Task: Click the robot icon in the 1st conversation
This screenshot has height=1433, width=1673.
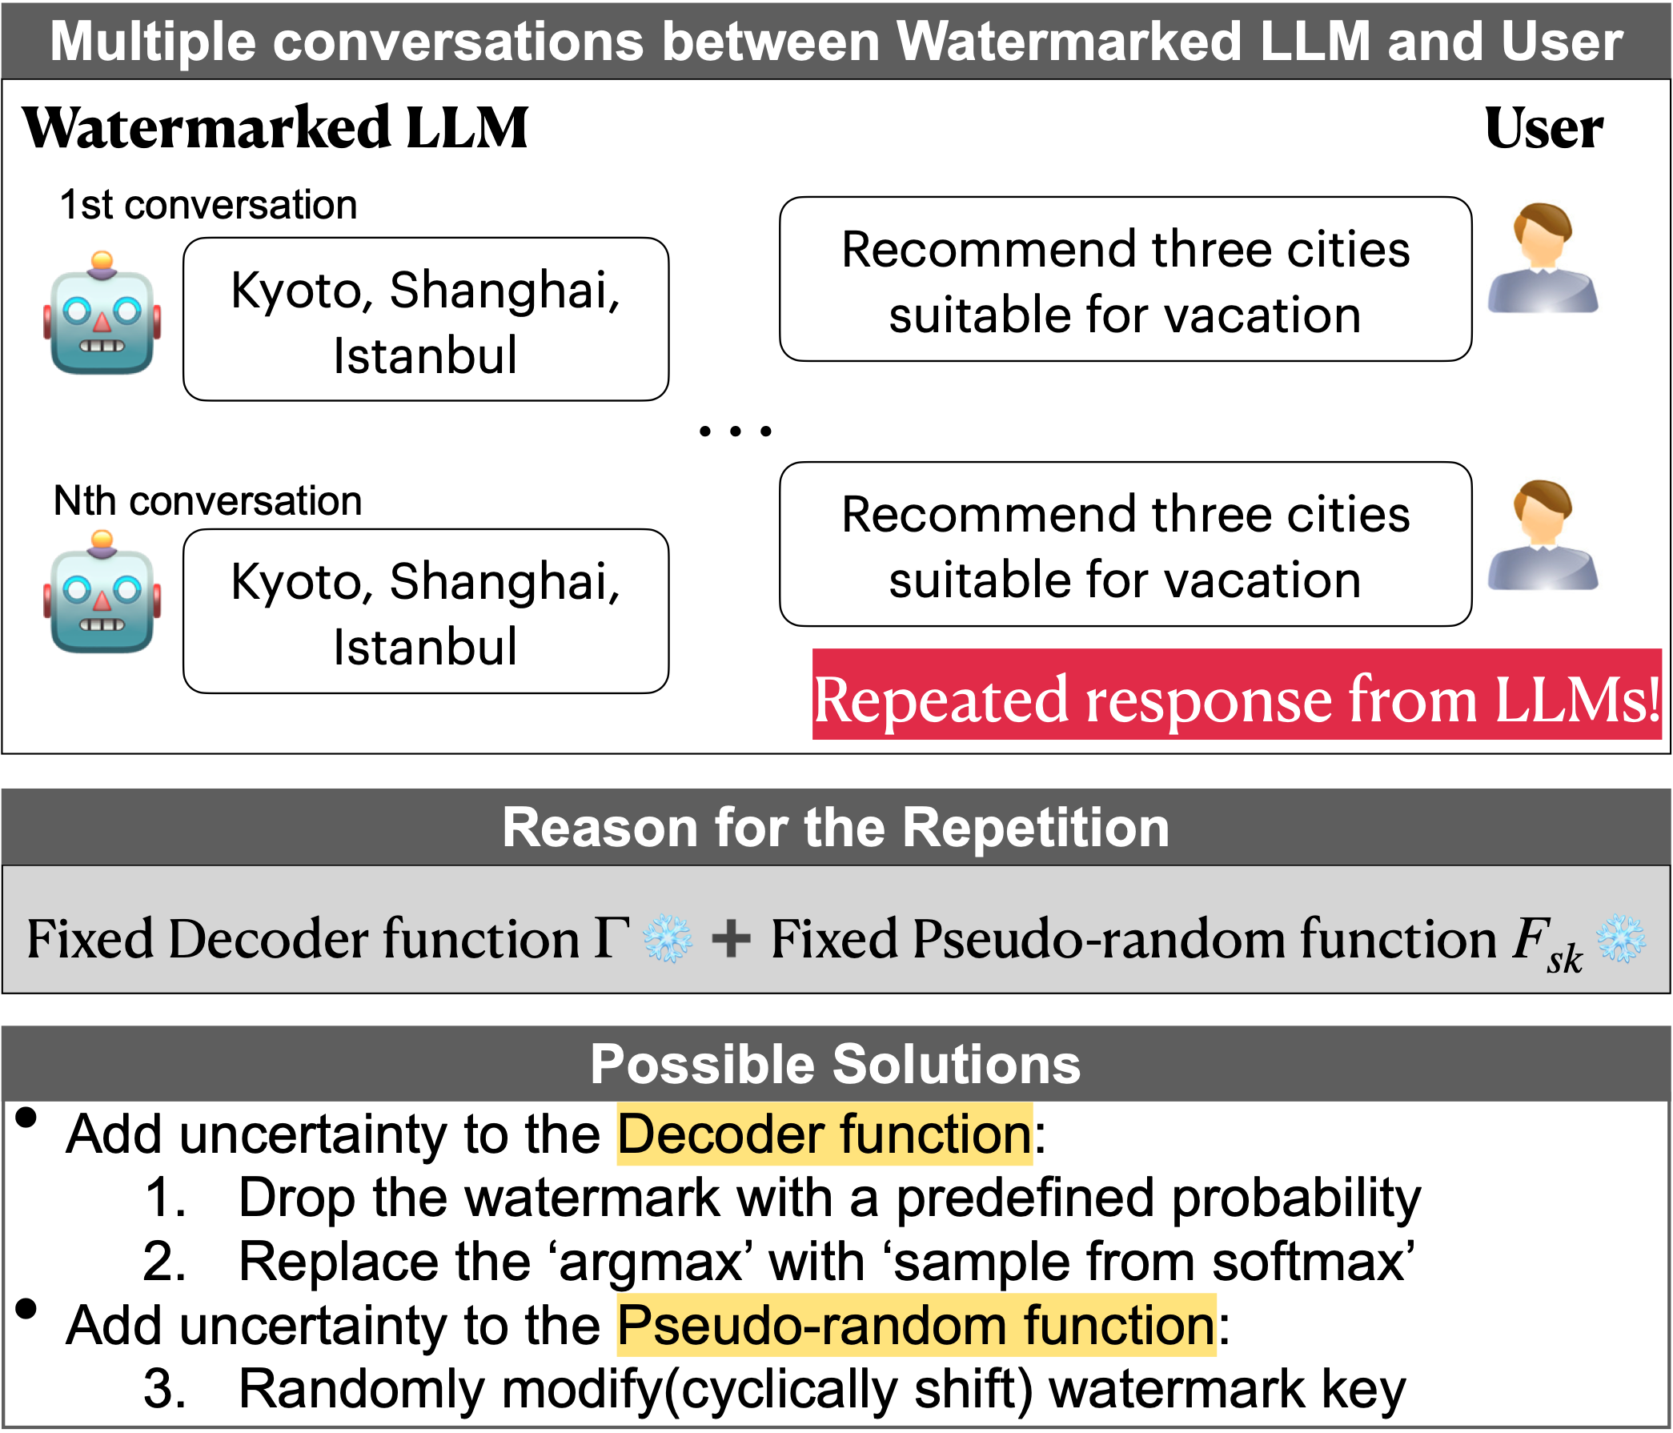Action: (x=102, y=315)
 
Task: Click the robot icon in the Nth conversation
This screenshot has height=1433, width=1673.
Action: (x=102, y=593)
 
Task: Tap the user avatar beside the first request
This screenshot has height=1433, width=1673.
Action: (x=1543, y=259)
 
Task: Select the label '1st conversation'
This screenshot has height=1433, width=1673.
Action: (x=208, y=205)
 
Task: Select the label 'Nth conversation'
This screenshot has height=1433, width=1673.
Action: (x=207, y=501)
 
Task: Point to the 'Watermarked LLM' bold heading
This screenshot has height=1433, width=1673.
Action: (x=275, y=127)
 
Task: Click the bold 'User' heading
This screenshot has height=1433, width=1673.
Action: (x=1543, y=127)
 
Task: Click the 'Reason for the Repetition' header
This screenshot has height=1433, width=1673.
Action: (x=836, y=828)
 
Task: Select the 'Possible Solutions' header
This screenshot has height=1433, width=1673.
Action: (x=836, y=1064)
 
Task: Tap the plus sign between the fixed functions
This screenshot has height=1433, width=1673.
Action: (x=731, y=940)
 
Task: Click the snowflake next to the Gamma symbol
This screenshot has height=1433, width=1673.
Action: (x=667, y=939)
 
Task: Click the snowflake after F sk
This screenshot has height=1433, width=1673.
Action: (x=1621, y=939)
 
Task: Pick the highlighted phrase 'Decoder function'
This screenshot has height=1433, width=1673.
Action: (x=824, y=1134)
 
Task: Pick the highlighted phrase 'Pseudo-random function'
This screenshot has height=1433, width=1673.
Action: (x=917, y=1326)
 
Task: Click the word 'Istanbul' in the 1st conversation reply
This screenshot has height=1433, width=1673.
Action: (x=426, y=356)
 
